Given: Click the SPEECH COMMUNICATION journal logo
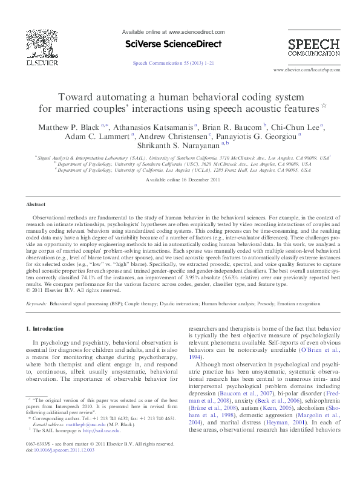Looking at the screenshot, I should (313, 47).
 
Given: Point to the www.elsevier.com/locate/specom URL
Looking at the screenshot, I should (307, 70).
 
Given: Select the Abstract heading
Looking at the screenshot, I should (37, 205).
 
